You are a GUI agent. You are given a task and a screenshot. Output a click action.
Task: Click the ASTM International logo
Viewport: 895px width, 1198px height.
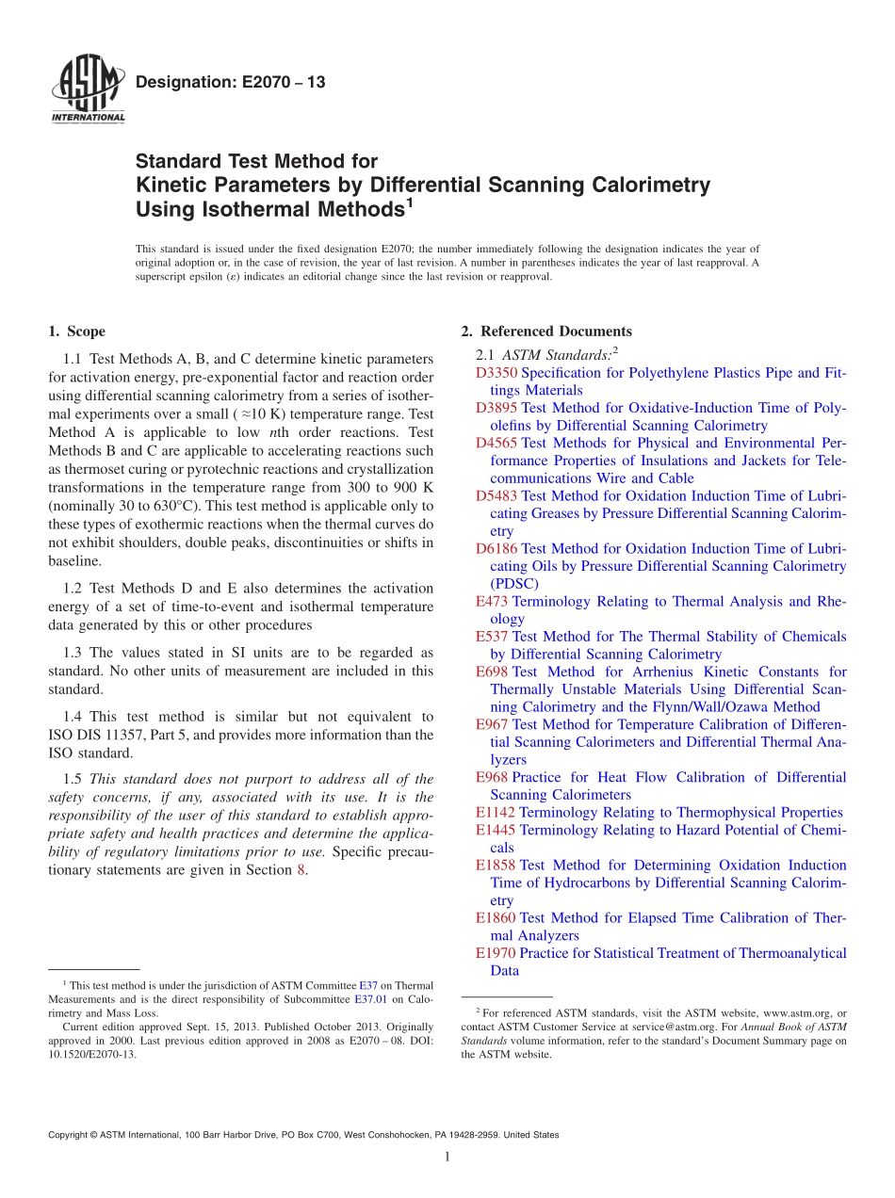point(87,92)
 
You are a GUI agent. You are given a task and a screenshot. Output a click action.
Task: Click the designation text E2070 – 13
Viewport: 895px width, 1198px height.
point(230,83)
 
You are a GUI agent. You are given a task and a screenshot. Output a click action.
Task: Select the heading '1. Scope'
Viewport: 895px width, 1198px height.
point(76,332)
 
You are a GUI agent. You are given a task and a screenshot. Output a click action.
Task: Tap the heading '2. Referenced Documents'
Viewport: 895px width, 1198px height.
point(546,332)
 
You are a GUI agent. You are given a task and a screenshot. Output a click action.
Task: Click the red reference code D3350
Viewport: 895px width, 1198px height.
point(496,373)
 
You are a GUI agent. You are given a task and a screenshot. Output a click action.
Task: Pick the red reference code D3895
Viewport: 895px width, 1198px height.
point(496,408)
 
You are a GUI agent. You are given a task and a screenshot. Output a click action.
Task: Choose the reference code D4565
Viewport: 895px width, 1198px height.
point(496,443)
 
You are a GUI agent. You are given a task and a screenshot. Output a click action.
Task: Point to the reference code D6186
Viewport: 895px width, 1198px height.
point(496,548)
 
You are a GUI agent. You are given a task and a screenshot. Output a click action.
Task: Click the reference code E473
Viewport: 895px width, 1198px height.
point(492,601)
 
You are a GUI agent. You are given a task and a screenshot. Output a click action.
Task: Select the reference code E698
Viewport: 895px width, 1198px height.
point(492,672)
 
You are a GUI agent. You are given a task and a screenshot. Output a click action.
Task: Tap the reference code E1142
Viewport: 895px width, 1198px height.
point(496,812)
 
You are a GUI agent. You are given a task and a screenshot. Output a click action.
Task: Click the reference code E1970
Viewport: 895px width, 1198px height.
point(496,953)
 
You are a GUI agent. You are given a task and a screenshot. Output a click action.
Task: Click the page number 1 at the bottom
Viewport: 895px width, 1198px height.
point(447,1158)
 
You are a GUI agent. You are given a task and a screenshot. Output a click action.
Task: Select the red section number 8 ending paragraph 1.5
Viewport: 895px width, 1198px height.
point(301,869)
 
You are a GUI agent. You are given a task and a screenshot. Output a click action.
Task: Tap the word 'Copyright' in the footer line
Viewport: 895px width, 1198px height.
point(71,1135)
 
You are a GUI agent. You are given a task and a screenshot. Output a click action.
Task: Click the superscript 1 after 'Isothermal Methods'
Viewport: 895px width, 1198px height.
point(411,200)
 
